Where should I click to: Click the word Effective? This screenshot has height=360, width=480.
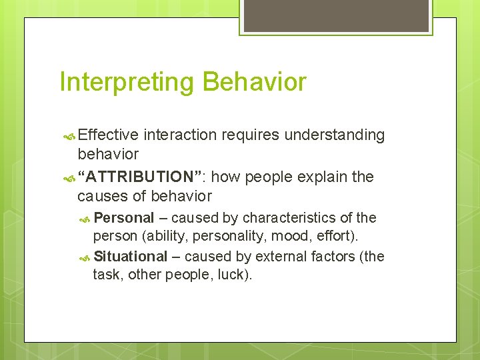point(108,135)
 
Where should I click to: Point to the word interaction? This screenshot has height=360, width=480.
point(180,135)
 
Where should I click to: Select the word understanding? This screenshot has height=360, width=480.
point(335,135)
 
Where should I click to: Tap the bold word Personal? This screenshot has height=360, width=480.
point(124,218)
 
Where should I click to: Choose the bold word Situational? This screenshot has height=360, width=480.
point(131,257)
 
